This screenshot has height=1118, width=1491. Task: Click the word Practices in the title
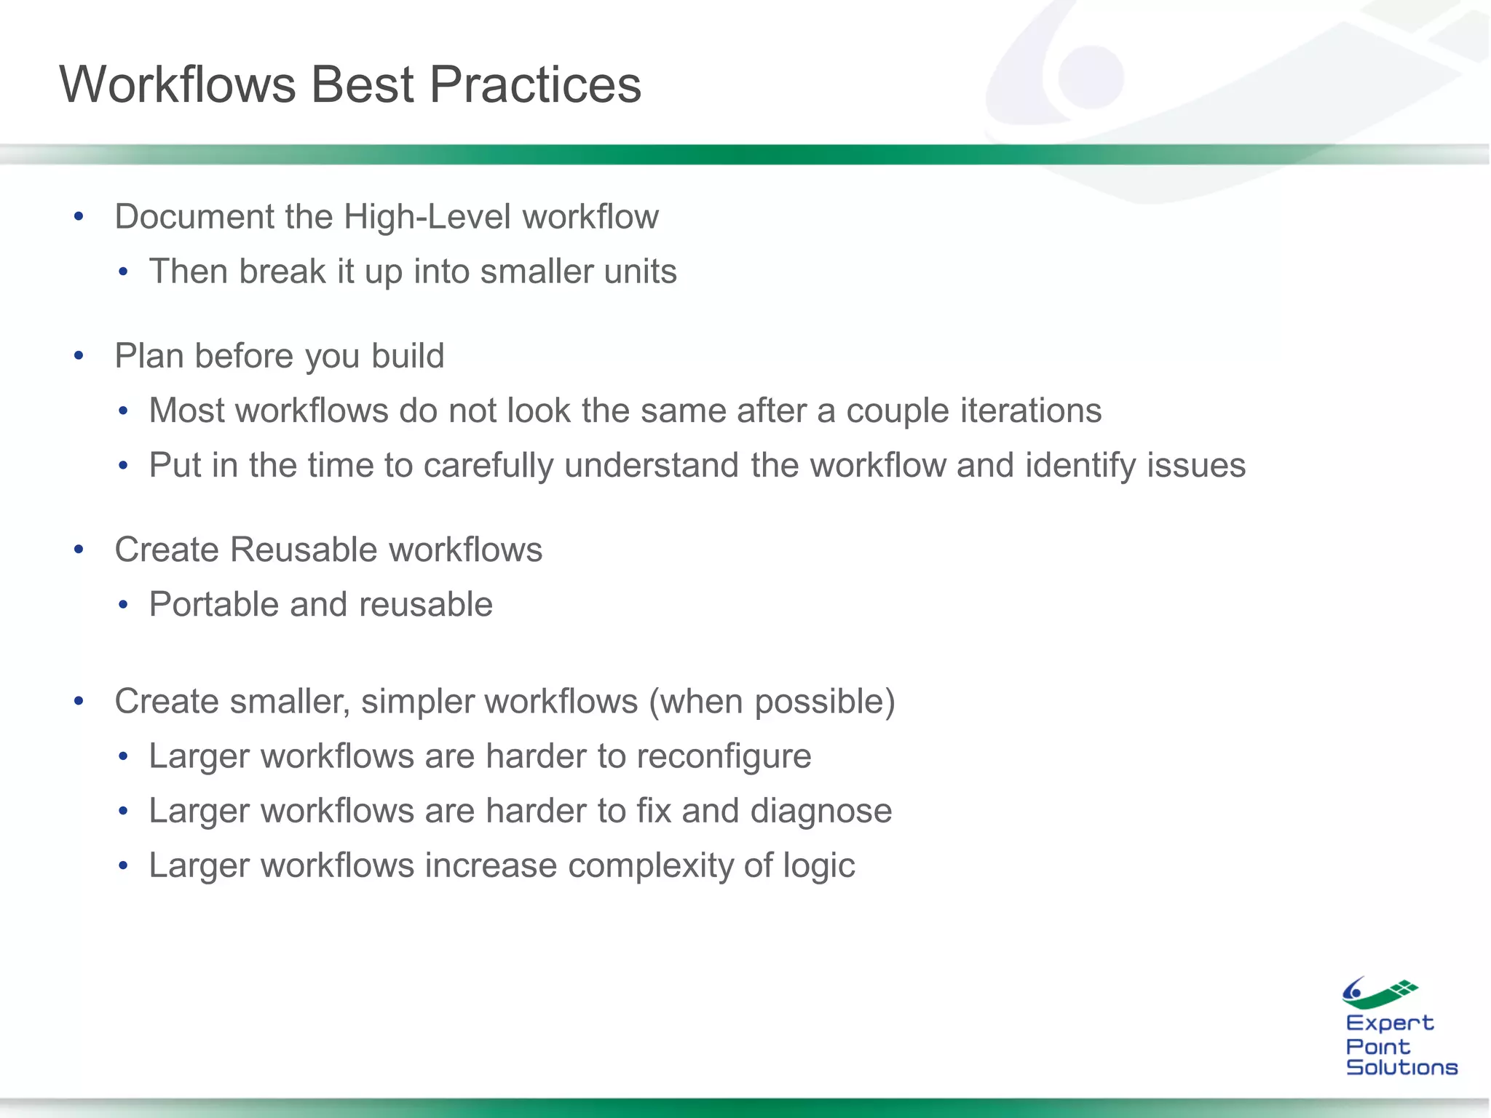click(x=535, y=85)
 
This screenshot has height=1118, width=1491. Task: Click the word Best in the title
click(x=362, y=85)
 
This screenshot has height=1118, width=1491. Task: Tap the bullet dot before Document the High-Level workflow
click(x=79, y=216)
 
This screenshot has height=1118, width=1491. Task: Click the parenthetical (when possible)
click(x=772, y=702)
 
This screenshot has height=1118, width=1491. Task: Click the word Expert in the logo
click(x=1389, y=1023)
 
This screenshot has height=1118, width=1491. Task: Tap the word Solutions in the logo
click(x=1401, y=1068)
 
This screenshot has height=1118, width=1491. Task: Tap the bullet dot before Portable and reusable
click(x=123, y=605)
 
